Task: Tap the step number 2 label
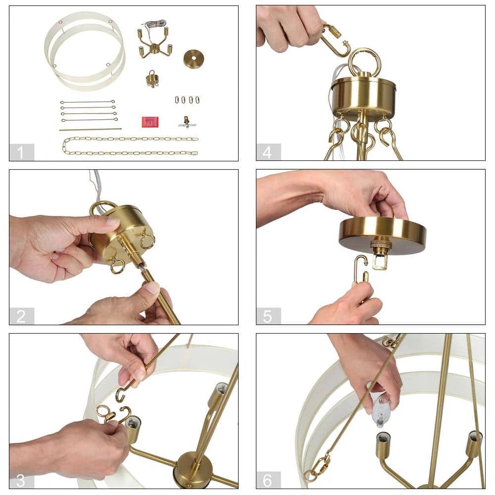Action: [x=21, y=316]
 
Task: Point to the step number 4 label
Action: [x=267, y=152]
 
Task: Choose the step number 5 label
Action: [x=267, y=316]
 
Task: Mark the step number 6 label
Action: [x=267, y=480]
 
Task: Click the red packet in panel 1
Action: [x=150, y=122]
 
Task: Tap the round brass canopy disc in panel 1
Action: [x=194, y=59]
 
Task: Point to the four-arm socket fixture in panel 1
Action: [x=154, y=43]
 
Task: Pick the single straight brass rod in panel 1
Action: [x=90, y=129]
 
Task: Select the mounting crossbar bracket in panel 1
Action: [x=187, y=122]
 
